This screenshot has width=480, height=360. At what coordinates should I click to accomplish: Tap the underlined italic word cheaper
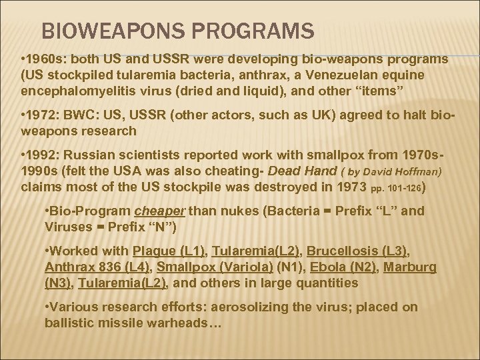(161, 212)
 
